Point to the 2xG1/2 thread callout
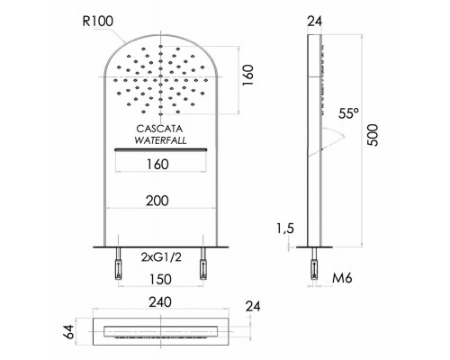161,258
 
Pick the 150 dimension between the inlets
161,279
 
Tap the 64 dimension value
68,330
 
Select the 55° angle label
348,114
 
